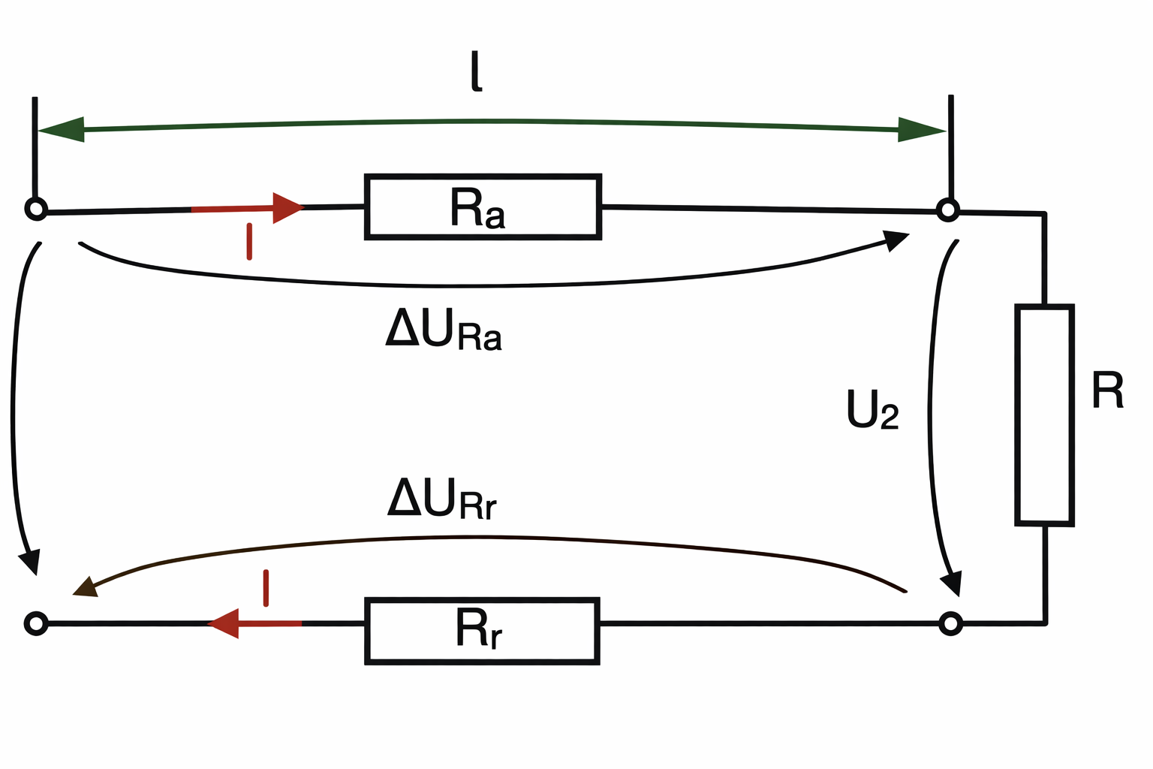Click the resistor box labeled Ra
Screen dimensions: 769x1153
pos(483,207)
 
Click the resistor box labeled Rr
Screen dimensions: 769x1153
pos(482,631)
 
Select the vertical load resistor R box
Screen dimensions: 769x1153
pos(1044,415)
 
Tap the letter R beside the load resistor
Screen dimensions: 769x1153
pos(1107,389)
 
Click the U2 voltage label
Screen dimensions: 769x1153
pos(872,409)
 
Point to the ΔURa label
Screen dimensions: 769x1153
pos(444,329)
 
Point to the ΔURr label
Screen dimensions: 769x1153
pos(442,498)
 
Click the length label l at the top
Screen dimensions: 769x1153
pos(476,71)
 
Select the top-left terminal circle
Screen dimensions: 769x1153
pos(36,209)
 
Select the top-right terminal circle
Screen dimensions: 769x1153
pos(948,210)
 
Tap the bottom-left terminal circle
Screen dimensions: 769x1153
pos(36,623)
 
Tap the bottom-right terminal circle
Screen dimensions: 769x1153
pos(950,623)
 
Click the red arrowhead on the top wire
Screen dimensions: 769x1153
pos(287,207)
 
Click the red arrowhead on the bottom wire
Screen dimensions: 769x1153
pos(224,623)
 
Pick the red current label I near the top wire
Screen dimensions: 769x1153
pos(249,241)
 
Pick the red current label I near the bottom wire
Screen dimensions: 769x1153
pos(266,588)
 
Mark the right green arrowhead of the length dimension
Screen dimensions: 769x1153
pos(921,130)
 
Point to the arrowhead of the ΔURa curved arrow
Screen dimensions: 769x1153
pos(896,240)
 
